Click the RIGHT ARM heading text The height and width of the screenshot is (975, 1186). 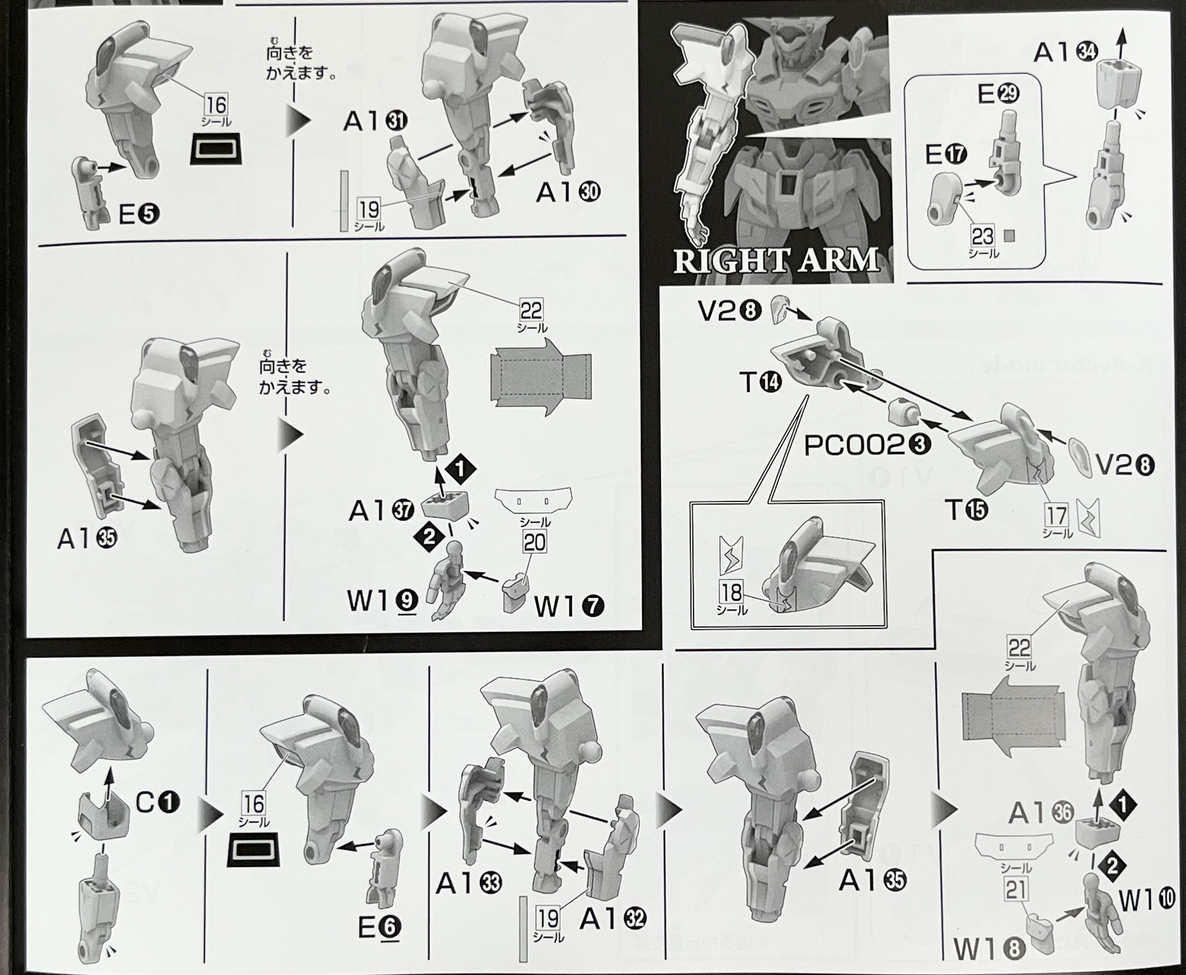[776, 261]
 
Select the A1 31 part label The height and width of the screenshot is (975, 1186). [375, 121]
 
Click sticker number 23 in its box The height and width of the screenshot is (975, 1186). [982, 236]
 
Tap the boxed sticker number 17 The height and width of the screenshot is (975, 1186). [1056, 515]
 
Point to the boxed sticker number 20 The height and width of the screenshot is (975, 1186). [534, 543]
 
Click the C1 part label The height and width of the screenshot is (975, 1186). [158, 802]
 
